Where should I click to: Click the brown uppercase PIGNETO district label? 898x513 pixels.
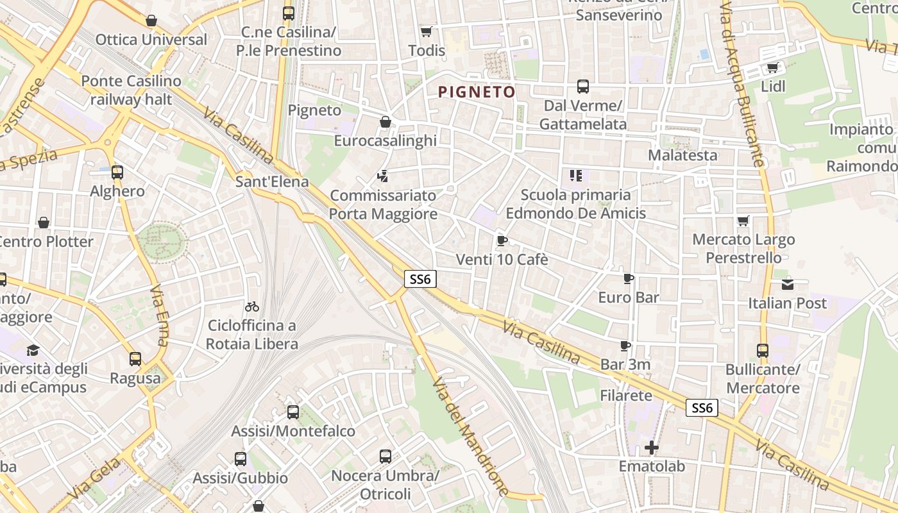(x=477, y=92)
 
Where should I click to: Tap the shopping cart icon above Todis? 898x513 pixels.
(x=426, y=31)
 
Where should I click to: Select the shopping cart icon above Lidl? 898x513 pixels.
(x=773, y=67)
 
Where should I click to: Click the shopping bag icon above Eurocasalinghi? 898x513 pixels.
(x=385, y=122)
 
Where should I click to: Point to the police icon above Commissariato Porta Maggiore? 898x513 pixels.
(x=383, y=175)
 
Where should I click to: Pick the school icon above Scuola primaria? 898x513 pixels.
(x=575, y=175)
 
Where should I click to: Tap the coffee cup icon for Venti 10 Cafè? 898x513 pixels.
(x=502, y=240)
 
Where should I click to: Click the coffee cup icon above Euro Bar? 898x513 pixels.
(x=629, y=278)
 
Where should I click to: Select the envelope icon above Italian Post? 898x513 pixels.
(x=788, y=284)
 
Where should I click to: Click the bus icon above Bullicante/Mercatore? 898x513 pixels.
(x=763, y=350)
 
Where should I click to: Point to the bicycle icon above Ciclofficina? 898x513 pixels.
(x=252, y=307)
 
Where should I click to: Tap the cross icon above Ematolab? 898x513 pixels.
(x=652, y=447)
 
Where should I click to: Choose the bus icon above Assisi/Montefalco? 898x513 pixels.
(x=293, y=412)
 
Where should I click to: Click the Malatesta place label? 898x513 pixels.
(x=682, y=155)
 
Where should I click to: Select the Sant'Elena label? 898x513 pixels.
(x=272, y=181)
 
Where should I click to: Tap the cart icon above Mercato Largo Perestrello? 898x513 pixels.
(x=743, y=221)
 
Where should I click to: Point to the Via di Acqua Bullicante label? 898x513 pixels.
(x=744, y=83)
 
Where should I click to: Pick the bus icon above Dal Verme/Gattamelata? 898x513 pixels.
(x=583, y=87)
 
